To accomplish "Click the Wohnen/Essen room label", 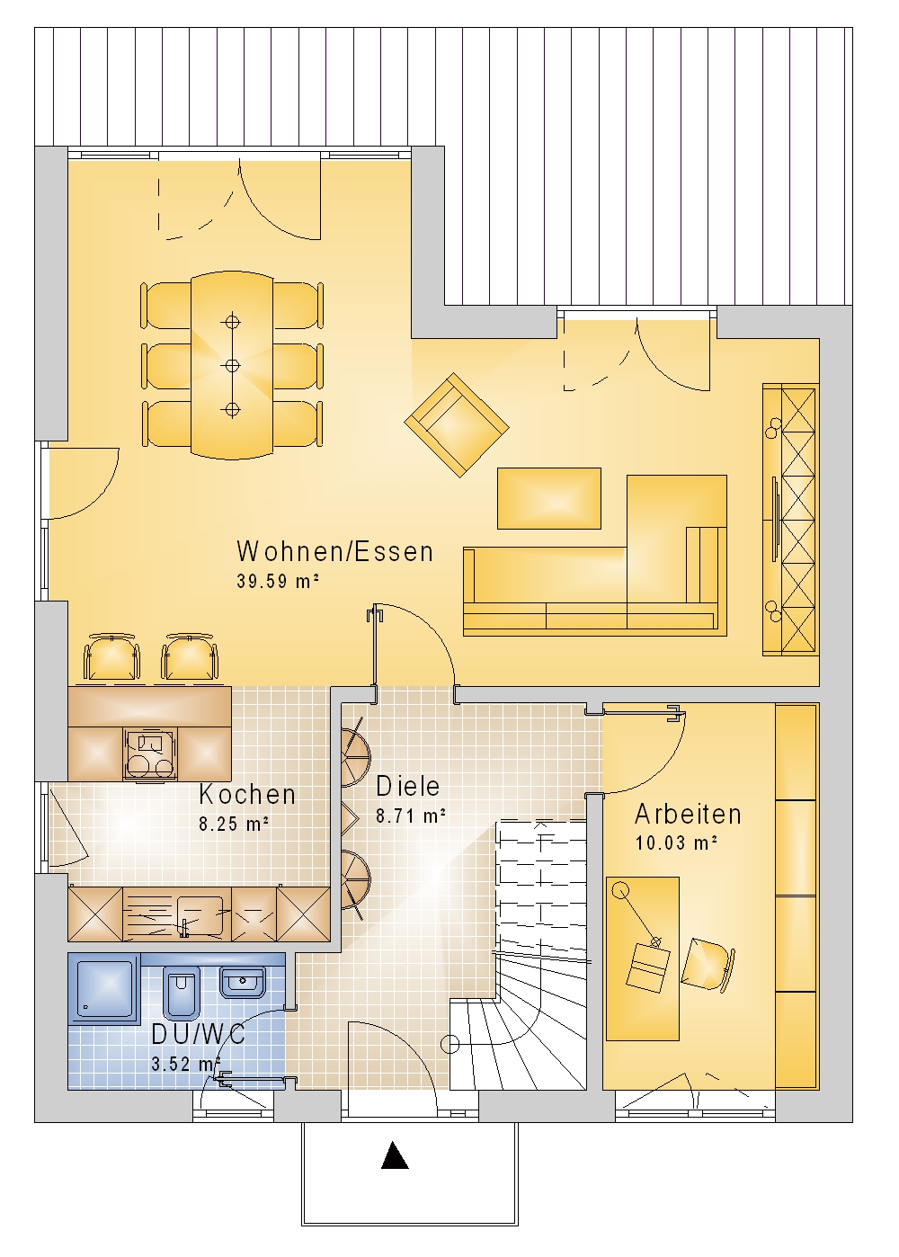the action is [335, 551].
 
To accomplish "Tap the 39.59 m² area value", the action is [278, 581].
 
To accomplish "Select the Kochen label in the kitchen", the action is [247, 795].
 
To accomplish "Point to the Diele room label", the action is [407, 786].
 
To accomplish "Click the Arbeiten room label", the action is [688, 814].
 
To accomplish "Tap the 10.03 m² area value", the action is [676, 842].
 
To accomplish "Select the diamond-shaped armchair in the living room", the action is [456, 424].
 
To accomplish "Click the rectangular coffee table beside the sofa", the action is [548, 498].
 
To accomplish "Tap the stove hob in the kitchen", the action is [150, 753].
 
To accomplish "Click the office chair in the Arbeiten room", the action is [708, 963].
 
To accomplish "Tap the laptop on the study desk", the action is [647, 967].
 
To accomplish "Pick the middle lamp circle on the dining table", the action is [232, 365].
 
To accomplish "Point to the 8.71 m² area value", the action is [411, 816].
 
